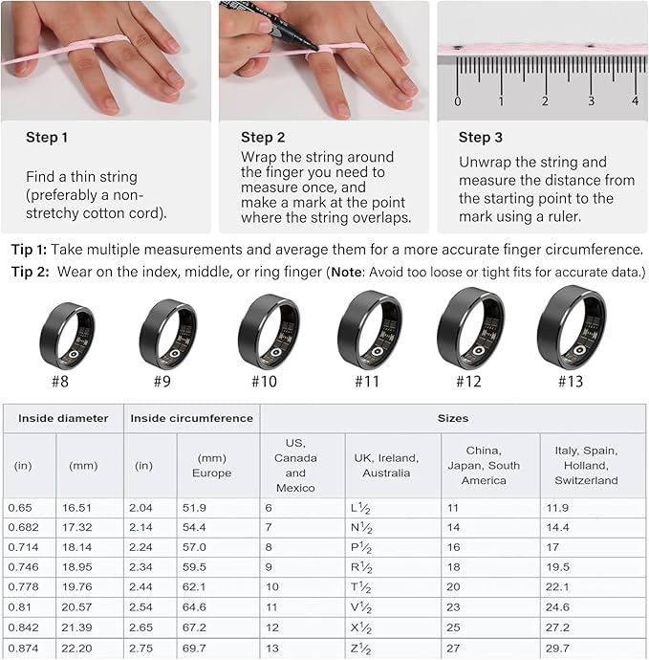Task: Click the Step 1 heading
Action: point(47,137)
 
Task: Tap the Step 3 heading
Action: point(481,137)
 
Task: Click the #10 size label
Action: point(264,382)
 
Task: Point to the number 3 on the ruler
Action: point(591,101)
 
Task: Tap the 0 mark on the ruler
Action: point(458,101)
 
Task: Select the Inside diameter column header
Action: point(63,418)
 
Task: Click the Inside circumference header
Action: point(192,418)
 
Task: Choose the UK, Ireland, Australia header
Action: point(386,466)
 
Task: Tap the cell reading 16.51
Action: point(76,508)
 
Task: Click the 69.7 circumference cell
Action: point(194,649)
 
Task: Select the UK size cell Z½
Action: point(361,649)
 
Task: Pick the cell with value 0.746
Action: point(23,567)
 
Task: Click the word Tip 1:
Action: point(29,250)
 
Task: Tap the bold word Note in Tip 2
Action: point(347,272)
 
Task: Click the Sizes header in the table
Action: point(453,418)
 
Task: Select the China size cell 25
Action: point(453,627)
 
